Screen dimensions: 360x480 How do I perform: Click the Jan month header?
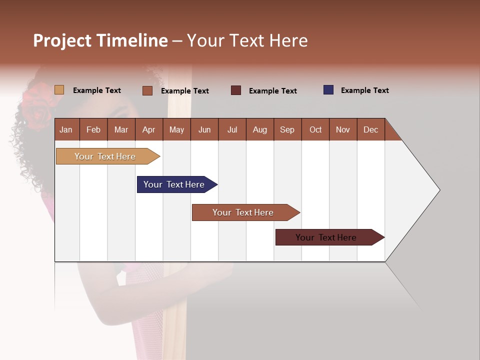[66, 130]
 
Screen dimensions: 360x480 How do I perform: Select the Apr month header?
[148, 130]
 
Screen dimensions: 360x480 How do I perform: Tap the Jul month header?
[232, 130]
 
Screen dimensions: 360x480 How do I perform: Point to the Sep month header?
[287, 130]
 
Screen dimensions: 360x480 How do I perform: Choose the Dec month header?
[370, 130]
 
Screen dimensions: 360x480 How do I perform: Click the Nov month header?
[342, 130]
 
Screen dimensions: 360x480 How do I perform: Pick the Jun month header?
[204, 130]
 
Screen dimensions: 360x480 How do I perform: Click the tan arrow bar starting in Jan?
[105, 156]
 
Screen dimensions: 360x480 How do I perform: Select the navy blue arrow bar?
[174, 184]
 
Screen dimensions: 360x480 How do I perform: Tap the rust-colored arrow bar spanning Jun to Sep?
[243, 212]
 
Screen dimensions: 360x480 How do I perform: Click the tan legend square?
[59, 90]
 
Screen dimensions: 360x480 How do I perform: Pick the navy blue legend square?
[328, 90]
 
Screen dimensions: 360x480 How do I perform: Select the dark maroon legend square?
[236, 90]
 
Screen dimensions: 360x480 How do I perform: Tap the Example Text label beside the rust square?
[184, 91]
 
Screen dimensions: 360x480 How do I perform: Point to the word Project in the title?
[62, 41]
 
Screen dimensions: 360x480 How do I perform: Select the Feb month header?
[93, 130]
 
